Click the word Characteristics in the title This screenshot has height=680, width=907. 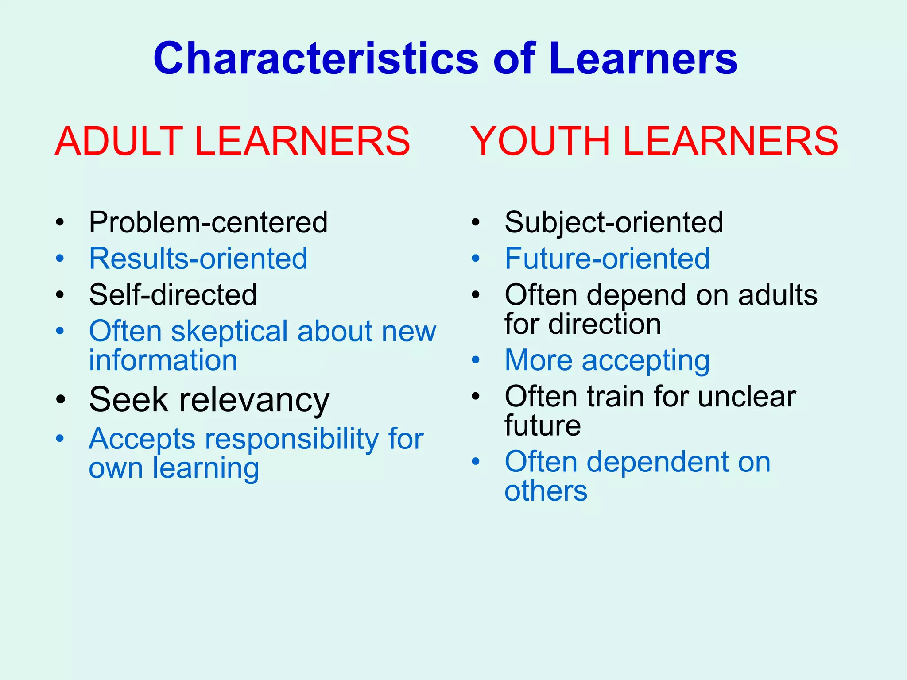(316, 59)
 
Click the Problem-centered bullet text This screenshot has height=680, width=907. (208, 222)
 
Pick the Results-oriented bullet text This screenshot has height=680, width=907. (198, 259)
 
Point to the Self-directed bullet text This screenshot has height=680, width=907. (173, 295)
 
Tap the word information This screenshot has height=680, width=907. (163, 360)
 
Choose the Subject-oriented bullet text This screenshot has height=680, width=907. (613, 222)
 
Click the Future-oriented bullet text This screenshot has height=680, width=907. (607, 259)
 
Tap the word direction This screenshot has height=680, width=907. (605, 324)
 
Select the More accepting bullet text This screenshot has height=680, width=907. (607, 360)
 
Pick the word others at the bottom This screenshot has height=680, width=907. (546, 491)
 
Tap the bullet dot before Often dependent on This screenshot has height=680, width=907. (476, 462)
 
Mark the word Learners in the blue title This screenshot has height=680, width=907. (643, 59)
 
